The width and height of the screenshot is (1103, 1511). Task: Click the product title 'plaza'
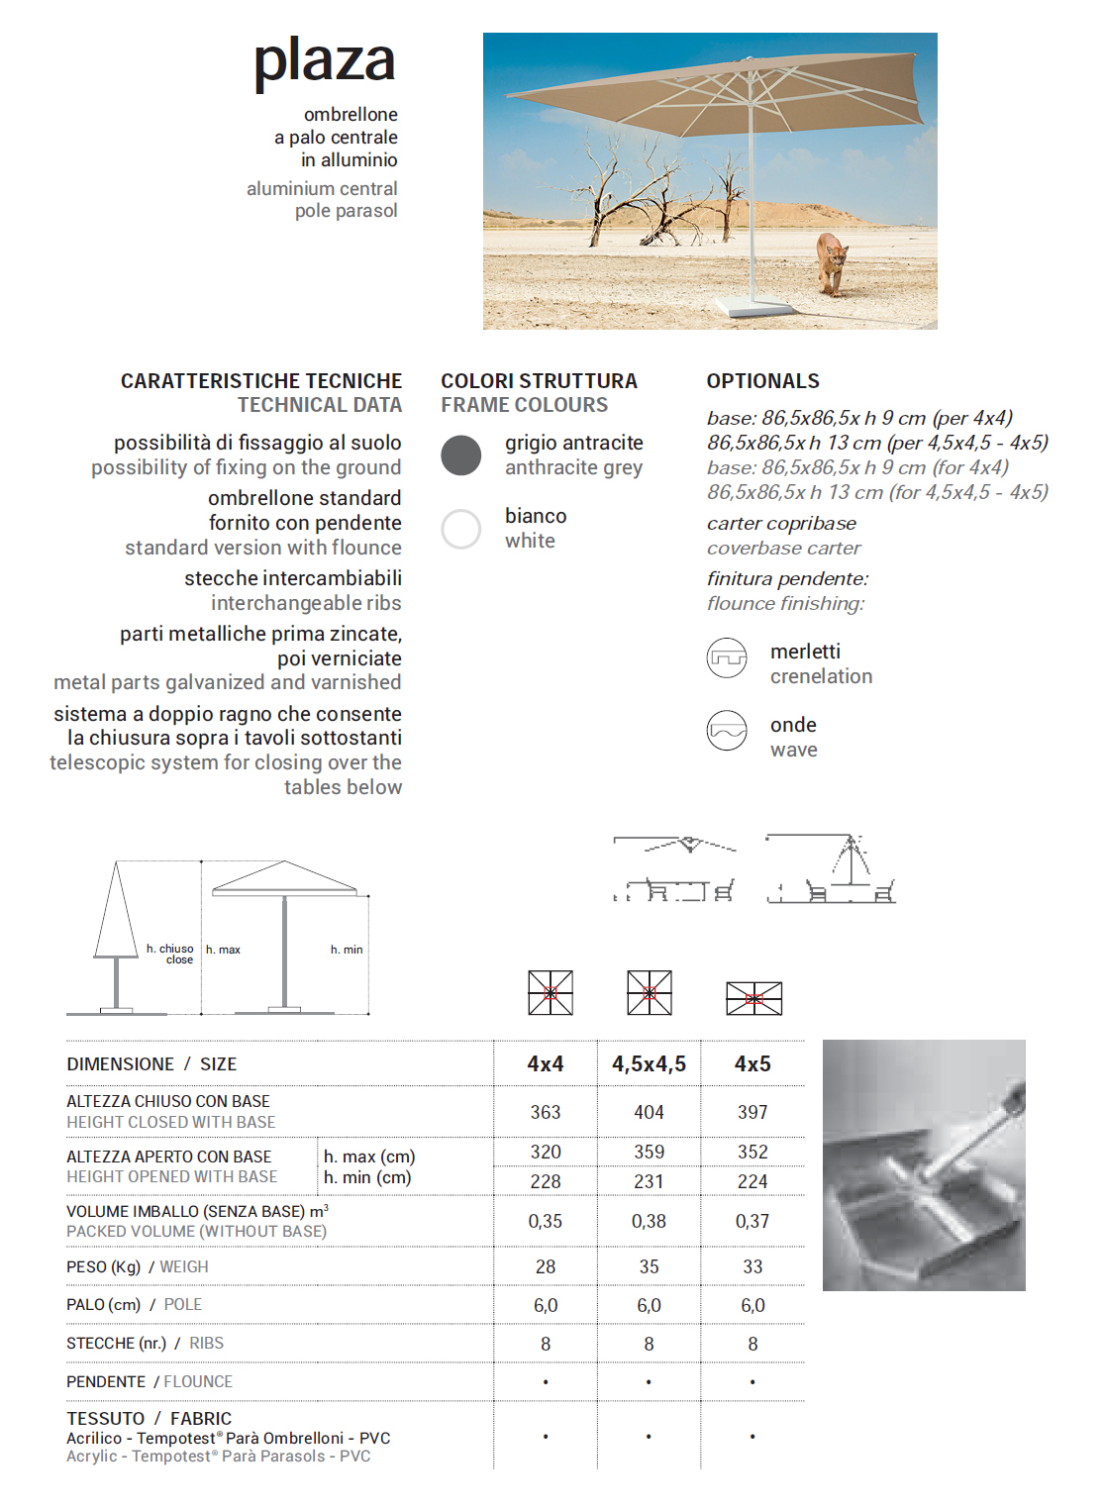click(x=324, y=61)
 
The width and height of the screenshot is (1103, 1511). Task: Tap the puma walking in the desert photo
click(x=831, y=261)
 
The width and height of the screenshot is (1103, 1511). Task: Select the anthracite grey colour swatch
click(x=461, y=455)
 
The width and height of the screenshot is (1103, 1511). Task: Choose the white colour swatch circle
click(x=461, y=529)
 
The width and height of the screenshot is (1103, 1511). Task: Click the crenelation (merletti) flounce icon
click(x=727, y=657)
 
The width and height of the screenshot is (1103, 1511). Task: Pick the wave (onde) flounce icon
click(x=727, y=731)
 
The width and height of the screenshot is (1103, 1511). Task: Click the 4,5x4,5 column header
click(x=649, y=1064)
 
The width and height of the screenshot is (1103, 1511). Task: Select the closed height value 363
click(x=546, y=1112)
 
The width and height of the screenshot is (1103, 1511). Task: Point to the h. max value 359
click(x=649, y=1152)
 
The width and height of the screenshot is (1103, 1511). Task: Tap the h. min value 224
click(x=752, y=1181)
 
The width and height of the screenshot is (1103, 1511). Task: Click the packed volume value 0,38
click(x=649, y=1222)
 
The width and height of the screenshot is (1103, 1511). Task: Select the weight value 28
click(x=546, y=1267)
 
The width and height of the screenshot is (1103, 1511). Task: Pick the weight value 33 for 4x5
click(x=752, y=1267)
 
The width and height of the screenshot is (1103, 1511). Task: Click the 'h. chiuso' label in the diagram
click(x=170, y=949)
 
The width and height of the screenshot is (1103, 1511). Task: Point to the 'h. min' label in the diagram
click(x=347, y=950)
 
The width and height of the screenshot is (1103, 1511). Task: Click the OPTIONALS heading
click(x=762, y=381)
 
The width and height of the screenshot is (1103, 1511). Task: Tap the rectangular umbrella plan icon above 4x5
click(x=753, y=998)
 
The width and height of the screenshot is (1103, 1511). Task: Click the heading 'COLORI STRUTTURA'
click(x=539, y=381)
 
